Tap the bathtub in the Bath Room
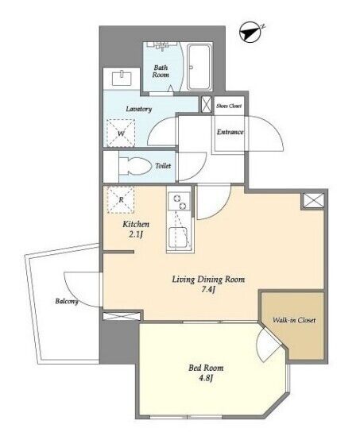coord(199,67)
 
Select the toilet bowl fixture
coord(136,166)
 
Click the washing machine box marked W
coord(121,133)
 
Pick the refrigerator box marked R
coord(121,200)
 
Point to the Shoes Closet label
coord(229,106)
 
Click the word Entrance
coord(230,132)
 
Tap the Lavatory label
coord(139,109)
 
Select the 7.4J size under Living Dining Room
coord(208,290)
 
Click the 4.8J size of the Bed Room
coord(206,378)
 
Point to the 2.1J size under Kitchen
coord(136,234)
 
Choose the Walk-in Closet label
coord(294,320)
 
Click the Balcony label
coord(67,302)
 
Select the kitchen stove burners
coord(179,202)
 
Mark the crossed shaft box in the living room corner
coord(314,200)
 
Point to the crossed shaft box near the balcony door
coord(122,316)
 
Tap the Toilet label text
coord(163,166)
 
